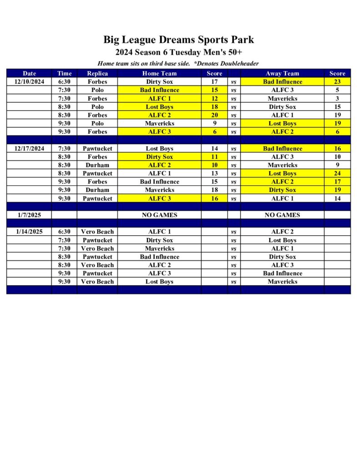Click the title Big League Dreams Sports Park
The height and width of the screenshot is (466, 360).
178,40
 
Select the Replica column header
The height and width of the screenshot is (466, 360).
97,73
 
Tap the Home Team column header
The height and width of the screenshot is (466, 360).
159,73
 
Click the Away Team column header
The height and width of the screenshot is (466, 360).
282,73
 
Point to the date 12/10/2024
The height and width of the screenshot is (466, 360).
29,82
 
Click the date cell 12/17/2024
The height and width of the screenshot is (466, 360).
29,148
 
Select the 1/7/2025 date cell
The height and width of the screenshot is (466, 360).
29,215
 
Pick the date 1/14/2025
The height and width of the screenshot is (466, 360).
29,232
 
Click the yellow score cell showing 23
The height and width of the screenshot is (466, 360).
337,82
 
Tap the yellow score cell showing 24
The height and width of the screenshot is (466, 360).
337,173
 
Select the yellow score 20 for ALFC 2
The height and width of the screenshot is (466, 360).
214,115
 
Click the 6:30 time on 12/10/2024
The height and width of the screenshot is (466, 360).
64,82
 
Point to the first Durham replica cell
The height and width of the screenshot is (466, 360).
97,165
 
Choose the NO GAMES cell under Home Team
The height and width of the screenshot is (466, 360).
159,215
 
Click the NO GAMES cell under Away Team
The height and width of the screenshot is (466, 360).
282,215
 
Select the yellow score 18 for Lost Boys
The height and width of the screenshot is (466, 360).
214,107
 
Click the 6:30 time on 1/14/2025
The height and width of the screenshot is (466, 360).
64,232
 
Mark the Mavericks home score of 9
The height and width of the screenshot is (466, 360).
214,123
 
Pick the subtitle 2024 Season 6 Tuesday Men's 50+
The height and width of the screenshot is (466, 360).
178,52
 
